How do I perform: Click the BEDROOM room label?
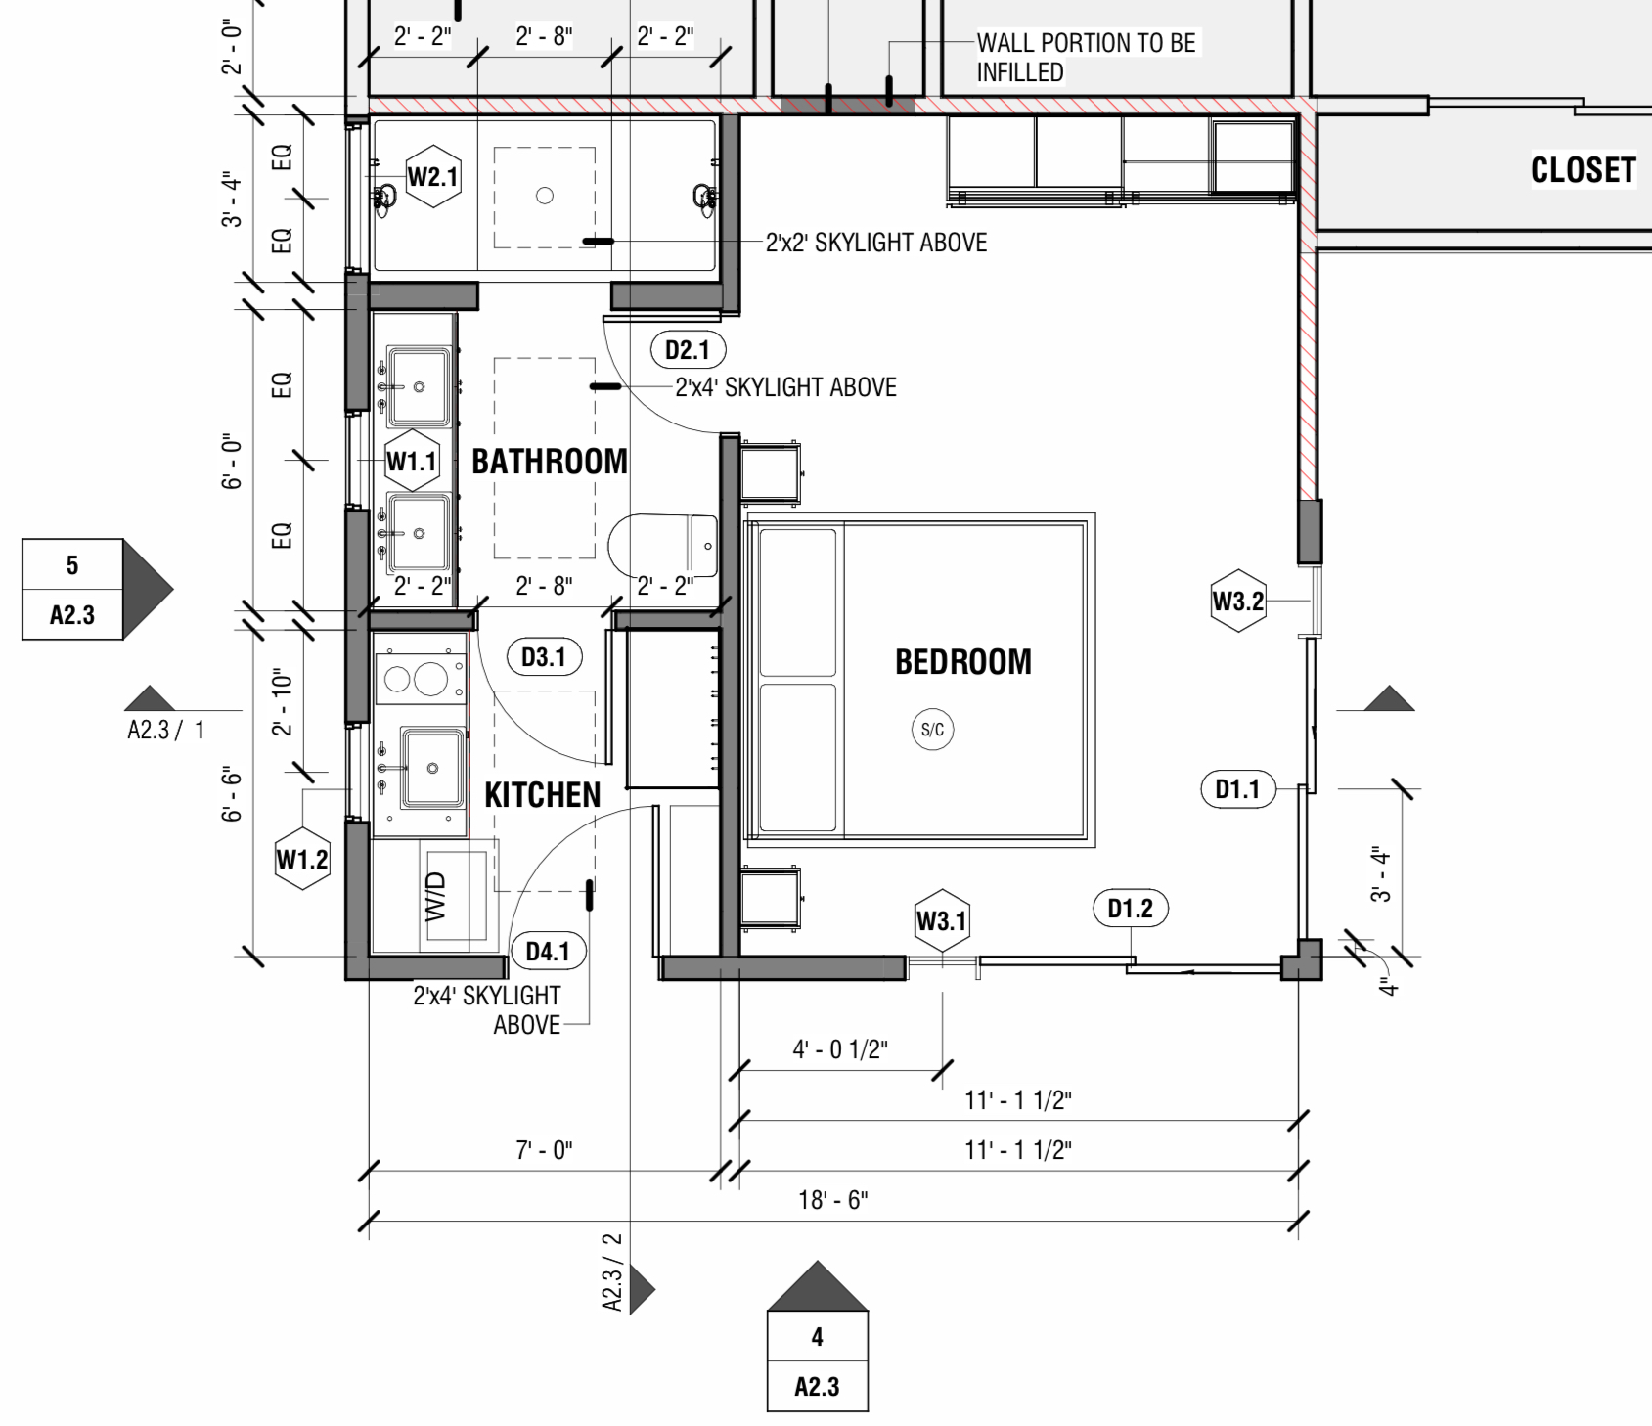962,662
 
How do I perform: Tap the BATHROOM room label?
550,462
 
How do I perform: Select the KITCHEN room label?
543,795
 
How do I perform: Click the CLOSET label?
1583,171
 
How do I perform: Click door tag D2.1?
688,350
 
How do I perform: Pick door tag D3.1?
544,657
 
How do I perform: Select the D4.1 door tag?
548,951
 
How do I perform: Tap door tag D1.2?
1130,909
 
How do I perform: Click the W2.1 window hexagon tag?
432,177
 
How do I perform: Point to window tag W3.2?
1238,601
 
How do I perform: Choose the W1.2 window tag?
302,860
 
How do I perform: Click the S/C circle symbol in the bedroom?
933,730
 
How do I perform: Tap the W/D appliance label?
436,896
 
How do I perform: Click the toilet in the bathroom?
665,546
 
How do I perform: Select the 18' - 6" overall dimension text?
832,1200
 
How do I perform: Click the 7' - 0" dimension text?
544,1150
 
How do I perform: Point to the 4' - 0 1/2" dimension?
839,1049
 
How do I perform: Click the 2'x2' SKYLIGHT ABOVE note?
876,243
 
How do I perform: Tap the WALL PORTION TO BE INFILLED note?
1086,57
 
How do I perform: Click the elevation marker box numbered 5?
72,564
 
